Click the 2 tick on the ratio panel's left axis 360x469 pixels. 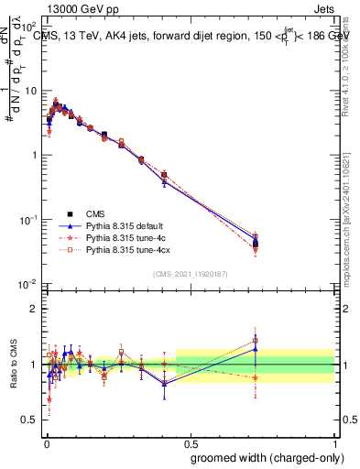(x=35, y=309)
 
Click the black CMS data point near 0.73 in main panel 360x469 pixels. (x=256, y=244)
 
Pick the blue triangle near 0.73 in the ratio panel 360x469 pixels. (x=256, y=349)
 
